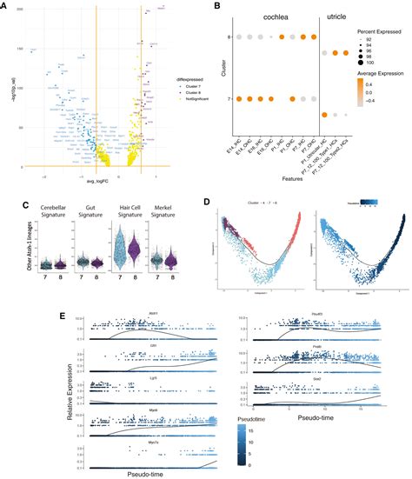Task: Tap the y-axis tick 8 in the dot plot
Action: [x=229, y=37]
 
